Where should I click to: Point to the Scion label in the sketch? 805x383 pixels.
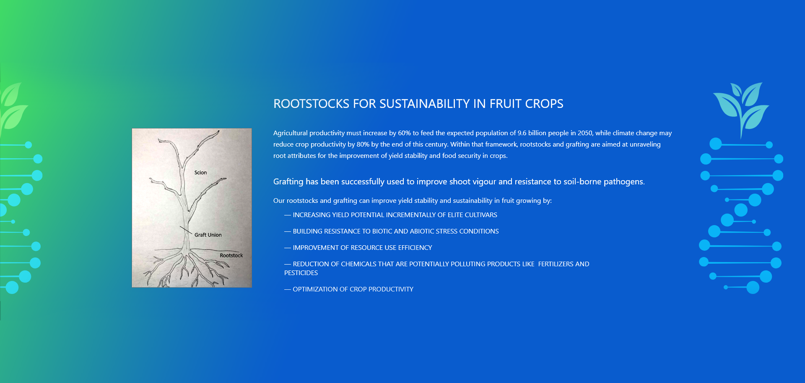coord(200,173)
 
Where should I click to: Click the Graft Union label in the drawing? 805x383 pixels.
coord(208,235)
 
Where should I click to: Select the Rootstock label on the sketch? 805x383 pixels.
coord(231,255)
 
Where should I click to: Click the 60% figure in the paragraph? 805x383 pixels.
coord(404,133)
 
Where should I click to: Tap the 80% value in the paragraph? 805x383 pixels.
coord(363,144)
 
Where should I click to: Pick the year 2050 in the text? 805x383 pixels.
coord(585,133)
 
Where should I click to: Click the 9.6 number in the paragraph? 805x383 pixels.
coord(522,133)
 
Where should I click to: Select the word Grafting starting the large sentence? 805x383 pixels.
coord(288,182)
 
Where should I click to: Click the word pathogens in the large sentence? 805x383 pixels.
coord(624,182)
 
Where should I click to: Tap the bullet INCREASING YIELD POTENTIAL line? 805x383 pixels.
coord(391,215)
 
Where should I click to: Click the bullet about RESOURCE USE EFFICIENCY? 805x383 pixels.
coord(358,248)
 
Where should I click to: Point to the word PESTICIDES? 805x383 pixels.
coord(301,273)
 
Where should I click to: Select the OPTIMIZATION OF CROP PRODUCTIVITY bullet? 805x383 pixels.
coord(349,289)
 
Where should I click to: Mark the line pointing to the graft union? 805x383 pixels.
coord(186,230)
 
